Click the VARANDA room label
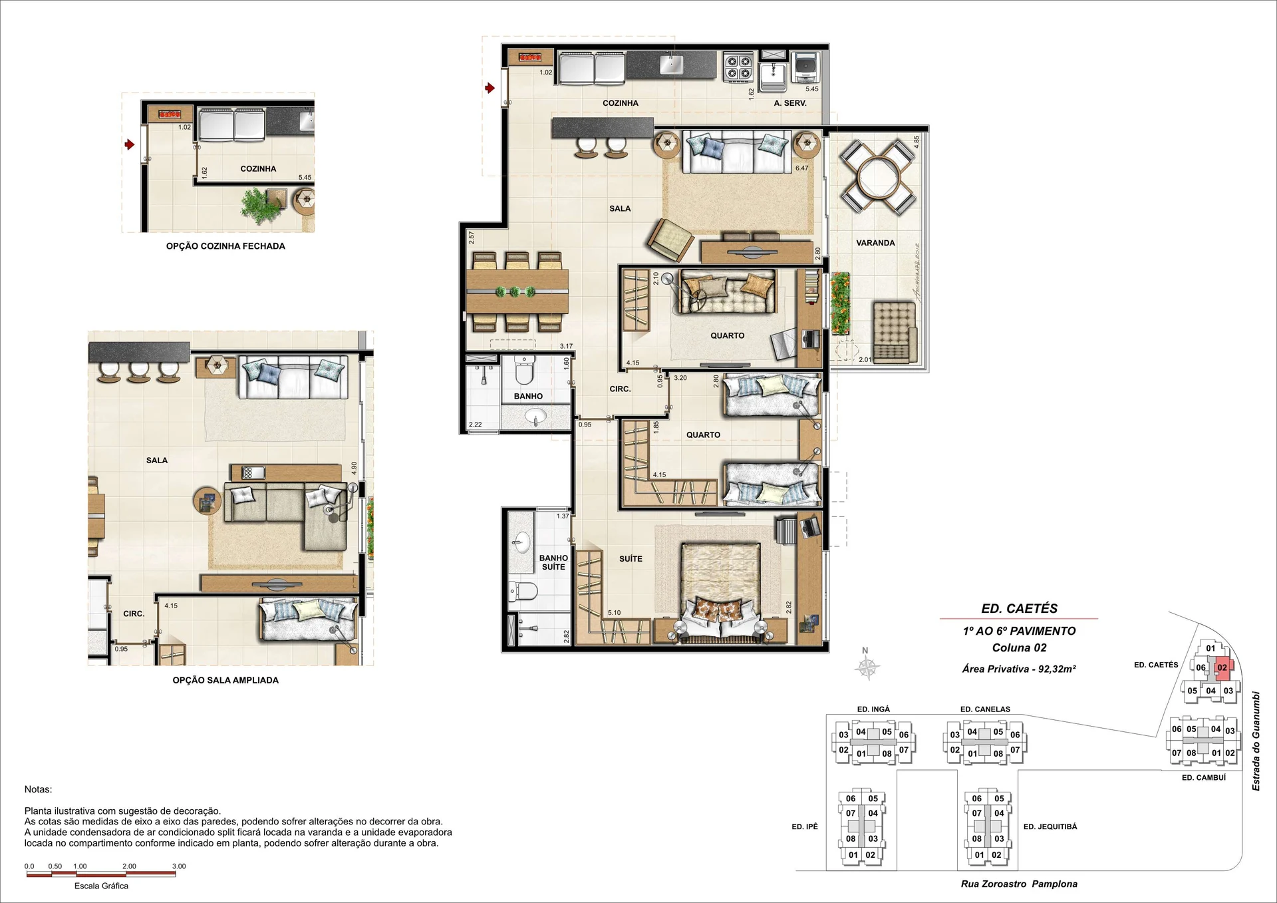pos(875,243)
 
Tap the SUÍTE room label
pos(631,559)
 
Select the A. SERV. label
pos(790,103)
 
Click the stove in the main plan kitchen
pos(738,67)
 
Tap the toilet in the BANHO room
pos(525,371)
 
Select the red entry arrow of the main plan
pos(490,88)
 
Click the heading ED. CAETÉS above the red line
pos(1019,608)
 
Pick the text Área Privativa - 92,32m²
pos(1019,669)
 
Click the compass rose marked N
pos(867,666)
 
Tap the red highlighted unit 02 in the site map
pos(1223,668)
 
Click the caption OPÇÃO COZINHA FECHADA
pos(225,246)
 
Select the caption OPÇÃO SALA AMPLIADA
pos(225,680)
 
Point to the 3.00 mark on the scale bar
pos(179,866)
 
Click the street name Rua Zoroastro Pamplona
pos(1019,884)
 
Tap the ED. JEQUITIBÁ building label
pos(1050,826)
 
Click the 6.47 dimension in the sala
pos(802,168)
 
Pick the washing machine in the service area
pos(805,67)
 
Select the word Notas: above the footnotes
pos(38,789)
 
